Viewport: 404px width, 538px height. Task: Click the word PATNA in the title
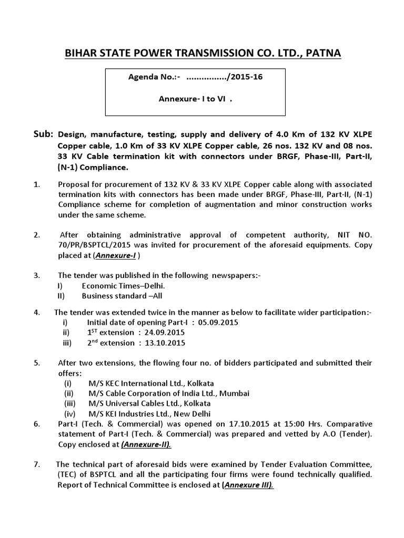coord(320,53)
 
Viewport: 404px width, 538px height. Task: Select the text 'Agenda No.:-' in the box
coord(155,77)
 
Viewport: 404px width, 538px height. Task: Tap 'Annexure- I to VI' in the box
coord(195,98)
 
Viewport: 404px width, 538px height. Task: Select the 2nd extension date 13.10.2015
coord(165,343)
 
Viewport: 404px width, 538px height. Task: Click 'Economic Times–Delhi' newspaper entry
coord(123,286)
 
